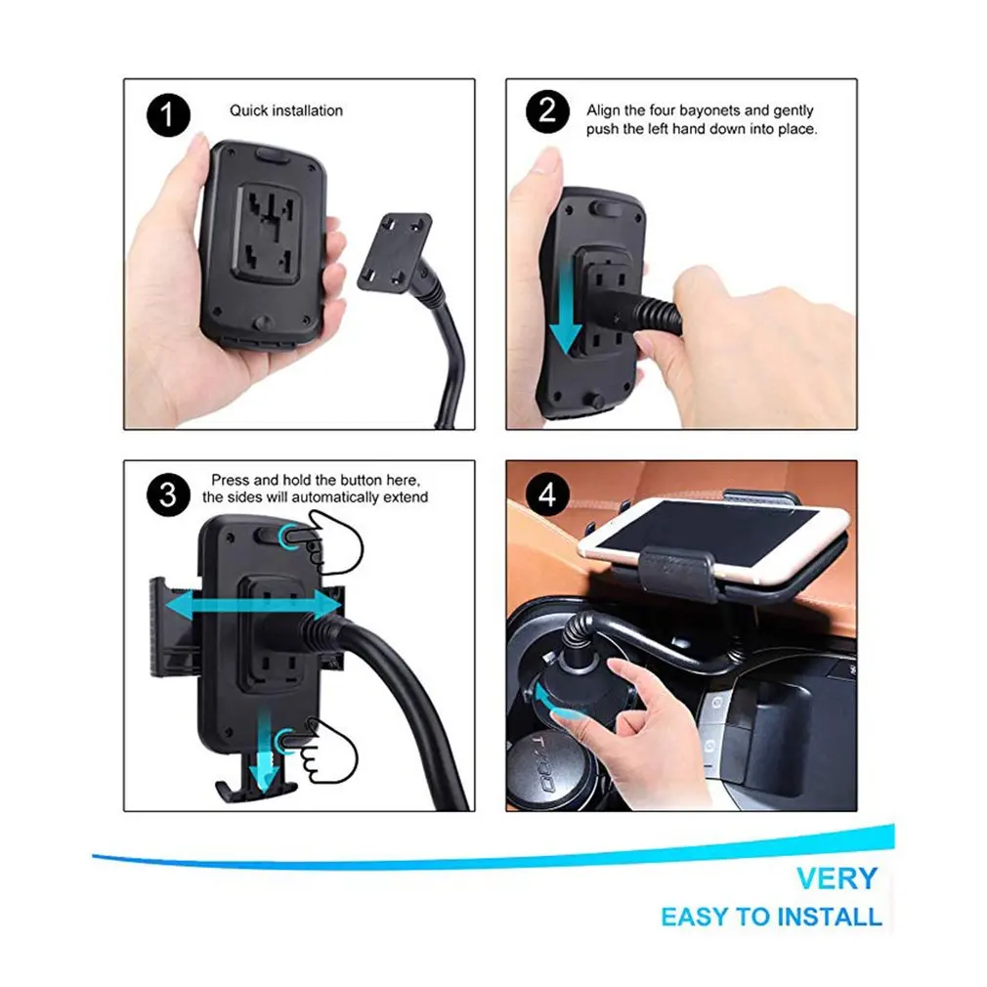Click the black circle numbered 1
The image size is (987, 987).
pos(168,115)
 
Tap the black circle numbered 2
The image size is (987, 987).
pos(547,111)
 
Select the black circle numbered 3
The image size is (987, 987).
pos(168,494)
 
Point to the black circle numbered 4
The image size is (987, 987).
pos(547,494)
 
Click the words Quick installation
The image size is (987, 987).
pos(285,110)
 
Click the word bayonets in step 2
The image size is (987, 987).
pos(708,110)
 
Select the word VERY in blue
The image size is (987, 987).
pos(837,879)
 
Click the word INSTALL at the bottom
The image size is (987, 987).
pos(829,917)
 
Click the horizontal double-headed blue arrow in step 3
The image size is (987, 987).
pos(253,606)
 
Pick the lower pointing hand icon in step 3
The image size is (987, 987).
pos(321,750)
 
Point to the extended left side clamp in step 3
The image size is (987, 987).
pos(173,628)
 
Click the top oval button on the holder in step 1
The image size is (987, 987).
pos(273,155)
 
